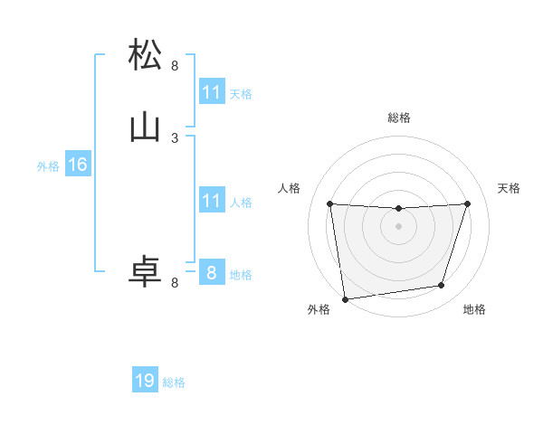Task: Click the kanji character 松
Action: (146, 55)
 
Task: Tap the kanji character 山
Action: (146, 128)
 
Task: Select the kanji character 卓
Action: (146, 272)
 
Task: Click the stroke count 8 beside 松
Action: (175, 65)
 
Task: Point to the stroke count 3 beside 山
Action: (175, 137)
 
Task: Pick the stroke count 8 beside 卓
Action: (175, 282)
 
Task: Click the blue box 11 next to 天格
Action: (212, 92)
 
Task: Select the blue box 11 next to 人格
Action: (212, 201)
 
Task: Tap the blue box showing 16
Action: (78, 165)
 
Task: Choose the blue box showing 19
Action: (145, 381)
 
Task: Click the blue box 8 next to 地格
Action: (212, 272)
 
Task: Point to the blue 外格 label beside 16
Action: (48, 166)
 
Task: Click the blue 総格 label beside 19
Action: (174, 382)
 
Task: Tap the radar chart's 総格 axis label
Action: (399, 118)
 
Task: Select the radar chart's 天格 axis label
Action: (509, 188)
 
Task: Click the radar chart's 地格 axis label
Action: (474, 309)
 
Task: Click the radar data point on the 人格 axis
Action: (330, 203)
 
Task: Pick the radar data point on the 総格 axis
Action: (398, 209)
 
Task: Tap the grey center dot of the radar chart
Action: (398, 226)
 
